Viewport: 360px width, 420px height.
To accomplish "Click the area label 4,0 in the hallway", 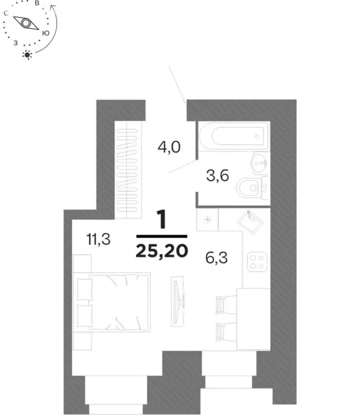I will pyautogui.click(x=169, y=148).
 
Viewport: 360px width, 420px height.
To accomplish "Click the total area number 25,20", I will pyautogui.click(x=162, y=250).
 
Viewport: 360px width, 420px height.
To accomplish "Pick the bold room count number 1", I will pyautogui.click(x=161, y=221).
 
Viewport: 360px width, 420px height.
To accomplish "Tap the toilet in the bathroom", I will pyautogui.click(x=251, y=189).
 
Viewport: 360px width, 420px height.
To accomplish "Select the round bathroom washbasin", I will pyautogui.click(x=260, y=161).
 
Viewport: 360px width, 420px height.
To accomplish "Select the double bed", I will pyautogui.click(x=113, y=302).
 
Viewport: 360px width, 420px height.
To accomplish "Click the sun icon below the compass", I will pyautogui.click(x=27, y=54).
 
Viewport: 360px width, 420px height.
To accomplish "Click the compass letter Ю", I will pyautogui.click(x=46, y=33).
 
